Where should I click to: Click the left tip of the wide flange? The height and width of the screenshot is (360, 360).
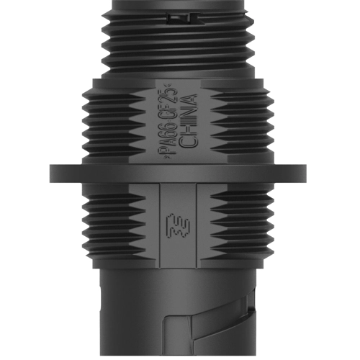click(52, 173)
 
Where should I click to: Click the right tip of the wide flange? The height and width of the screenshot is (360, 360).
click(307, 173)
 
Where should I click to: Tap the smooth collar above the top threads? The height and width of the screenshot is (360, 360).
click(180, 6)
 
